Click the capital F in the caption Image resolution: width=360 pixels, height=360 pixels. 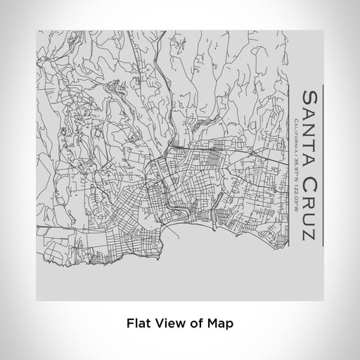129,324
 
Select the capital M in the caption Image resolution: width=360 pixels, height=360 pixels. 209,324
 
